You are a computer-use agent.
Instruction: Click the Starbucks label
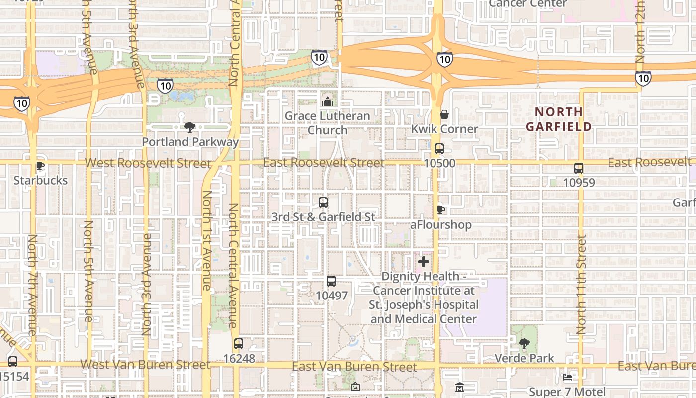coord(40,180)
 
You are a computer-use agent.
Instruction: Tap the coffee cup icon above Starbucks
coord(40,166)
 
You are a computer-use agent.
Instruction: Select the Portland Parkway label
coord(190,142)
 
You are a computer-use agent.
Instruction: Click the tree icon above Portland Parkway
coord(189,127)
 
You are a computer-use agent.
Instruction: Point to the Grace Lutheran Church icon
coord(327,101)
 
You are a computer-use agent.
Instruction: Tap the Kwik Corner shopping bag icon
coord(444,114)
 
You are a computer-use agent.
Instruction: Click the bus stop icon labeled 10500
coord(439,149)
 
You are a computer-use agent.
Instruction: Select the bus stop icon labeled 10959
coord(579,168)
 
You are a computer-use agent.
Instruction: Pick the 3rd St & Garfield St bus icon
coord(323,202)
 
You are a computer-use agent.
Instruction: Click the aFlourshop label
coord(440,225)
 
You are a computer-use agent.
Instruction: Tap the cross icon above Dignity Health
coord(424,262)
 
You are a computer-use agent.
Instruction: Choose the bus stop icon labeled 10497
coord(331,281)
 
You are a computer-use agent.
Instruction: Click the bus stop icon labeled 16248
coord(239,344)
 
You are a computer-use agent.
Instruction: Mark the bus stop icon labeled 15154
coord(13,362)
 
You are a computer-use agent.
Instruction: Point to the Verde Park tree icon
coord(524,343)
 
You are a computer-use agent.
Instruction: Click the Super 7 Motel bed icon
coord(567,377)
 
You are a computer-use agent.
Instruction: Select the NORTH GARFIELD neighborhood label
coord(559,119)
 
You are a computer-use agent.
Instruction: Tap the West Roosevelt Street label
coord(148,163)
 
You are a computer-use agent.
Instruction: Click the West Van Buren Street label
coord(145,365)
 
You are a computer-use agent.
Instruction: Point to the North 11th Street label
coord(581,284)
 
